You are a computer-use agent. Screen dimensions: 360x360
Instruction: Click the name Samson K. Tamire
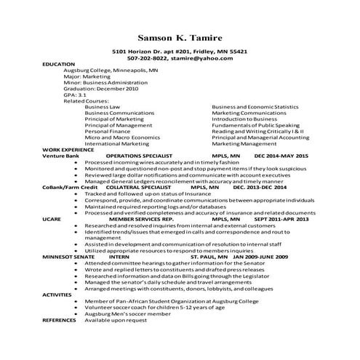point(180,37)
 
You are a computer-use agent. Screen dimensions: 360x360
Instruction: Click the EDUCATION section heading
point(58,65)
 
